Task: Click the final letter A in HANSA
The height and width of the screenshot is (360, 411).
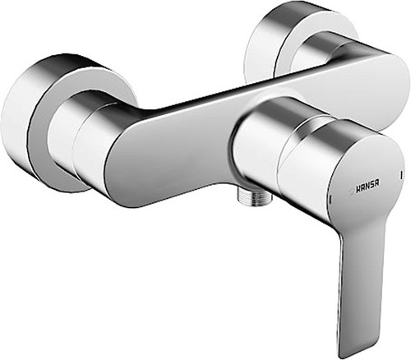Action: pyautogui.click(x=377, y=183)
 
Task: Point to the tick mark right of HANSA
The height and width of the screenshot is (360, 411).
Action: pyautogui.click(x=401, y=174)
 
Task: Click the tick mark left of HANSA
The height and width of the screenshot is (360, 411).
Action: pyautogui.click(x=330, y=198)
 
